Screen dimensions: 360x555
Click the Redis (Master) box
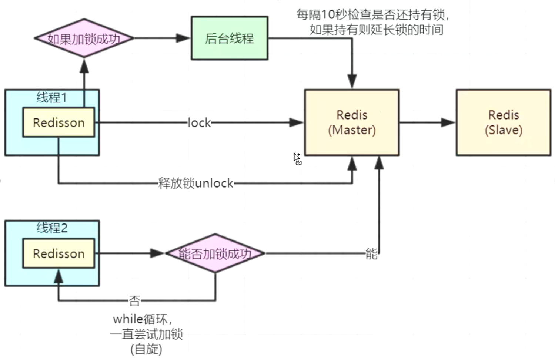click(x=352, y=122)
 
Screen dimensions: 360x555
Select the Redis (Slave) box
click(x=504, y=122)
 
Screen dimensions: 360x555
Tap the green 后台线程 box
click(x=230, y=38)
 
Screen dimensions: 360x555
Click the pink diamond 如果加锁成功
click(x=84, y=38)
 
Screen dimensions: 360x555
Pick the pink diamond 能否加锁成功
click(x=215, y=253)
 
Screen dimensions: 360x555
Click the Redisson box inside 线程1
click(x=58, y=122)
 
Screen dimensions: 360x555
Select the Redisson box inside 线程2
click(x=58, y=253)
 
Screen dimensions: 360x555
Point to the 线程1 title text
click(x=51, y=98)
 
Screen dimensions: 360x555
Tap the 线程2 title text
click(x=52, y=228)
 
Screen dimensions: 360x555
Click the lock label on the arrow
click(x=199, y=122)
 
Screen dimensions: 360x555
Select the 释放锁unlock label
click(x=195, y=183)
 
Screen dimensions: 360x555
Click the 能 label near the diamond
click(x=371, y=254)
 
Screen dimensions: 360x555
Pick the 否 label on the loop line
click(x=134, y=300)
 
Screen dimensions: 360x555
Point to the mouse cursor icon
click(x=297, y=158)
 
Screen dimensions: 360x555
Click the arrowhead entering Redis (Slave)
click(x=448, y=122)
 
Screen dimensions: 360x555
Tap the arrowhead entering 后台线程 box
click(x=183, y=38)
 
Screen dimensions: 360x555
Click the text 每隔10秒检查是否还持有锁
click(x=372, y=14)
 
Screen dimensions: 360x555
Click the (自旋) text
click(x=146, y=349)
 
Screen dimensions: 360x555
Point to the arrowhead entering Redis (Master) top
click(x=352, y=81)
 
